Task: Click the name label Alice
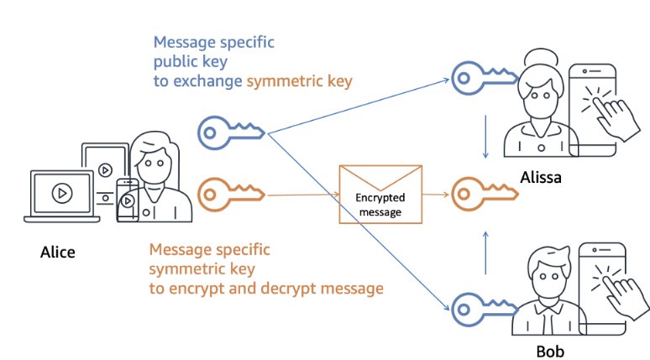click(x=57, y=252)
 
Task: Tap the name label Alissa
click(x=540, y=177)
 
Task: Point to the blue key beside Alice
click(x=231, y=131)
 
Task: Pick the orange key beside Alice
click(x=231, y=194)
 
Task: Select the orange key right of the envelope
click(x=482, y=194)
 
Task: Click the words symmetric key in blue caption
click(x=299, y=81)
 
